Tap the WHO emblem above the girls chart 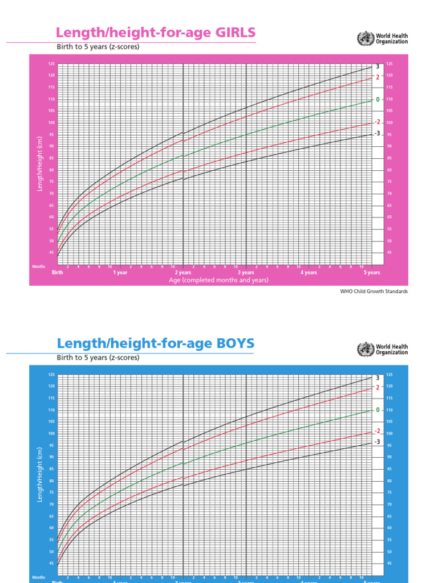pyautogui.click(x=363, y=39)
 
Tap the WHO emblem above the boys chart pyautogui.click(x=363, y=349)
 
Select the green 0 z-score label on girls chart pyautogui.click(x=377, y=100)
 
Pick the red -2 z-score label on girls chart pyautogui.click(x=377, y=122)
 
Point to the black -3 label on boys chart pyautogui.click(x=377, y=442)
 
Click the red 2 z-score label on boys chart pyautogui.click(x=377, y=388)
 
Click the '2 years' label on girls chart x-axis pyautogui.click(x=183, y=273)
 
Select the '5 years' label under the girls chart pyautogui.click(x=372, y=273)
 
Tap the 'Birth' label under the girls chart pyautogui.click(x=58, y=273)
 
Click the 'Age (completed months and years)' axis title pyautogui.click(x=218, y=280)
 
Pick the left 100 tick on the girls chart pyautogui.click(x=51, y=122)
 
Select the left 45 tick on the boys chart pyautogui.click(x=52, y=563)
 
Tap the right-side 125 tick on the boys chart pyautogui.click(x=390, y=375)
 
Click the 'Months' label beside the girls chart pyautogui.click(x=38, y=266)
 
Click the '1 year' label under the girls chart pyautogui.click(x=120, y=273)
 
